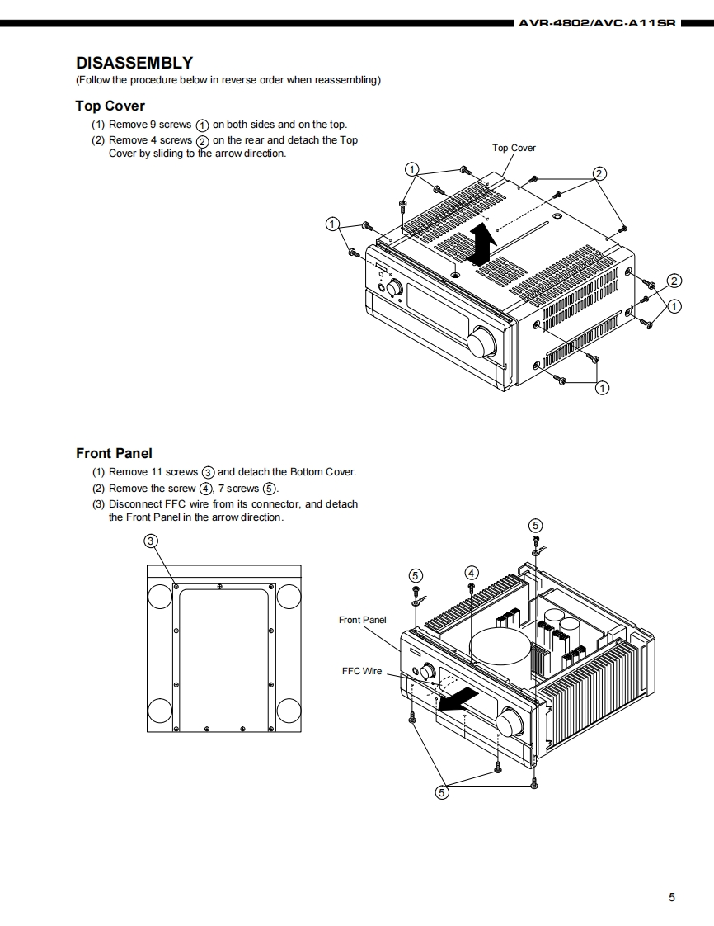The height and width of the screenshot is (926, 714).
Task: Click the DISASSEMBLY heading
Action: [x=134, y=63]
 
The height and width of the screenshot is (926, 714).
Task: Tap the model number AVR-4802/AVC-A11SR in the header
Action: [x=596, y=23]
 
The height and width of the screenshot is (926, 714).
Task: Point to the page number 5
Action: [x=671, y=897]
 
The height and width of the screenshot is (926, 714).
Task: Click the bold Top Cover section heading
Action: [x=110, y=106]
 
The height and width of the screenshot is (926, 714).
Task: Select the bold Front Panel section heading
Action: [x=114, y=453]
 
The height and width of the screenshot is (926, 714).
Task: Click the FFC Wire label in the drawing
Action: [x=362, y=671]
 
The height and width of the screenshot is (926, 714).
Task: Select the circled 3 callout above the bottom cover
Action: [x=151, y=541]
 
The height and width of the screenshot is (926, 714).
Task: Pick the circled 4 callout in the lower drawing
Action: [x=472, y=573]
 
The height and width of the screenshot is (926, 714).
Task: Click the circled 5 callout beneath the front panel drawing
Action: [x=442, y=792]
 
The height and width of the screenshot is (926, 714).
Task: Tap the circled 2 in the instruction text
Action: [x=202, y=140]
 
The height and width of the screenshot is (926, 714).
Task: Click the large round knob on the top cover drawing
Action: [x=480, y=342]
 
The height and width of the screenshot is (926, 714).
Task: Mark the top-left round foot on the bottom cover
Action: [x=159, y=595]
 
